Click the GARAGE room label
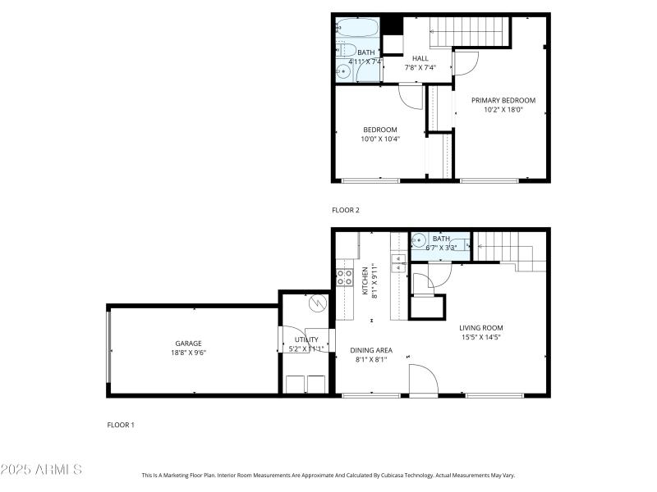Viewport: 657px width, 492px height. click(188, 344)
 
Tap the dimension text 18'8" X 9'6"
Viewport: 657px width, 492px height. click(188, 353)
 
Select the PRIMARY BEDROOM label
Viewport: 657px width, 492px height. click(503, 101)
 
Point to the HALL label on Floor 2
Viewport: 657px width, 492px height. click(420, 58)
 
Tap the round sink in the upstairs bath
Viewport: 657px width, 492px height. click(344, 72)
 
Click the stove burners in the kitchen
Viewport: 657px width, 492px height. click(345, 277)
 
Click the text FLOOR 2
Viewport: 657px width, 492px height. click(346, 210)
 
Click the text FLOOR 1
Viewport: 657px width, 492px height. click(121, 425)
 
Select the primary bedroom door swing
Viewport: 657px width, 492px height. click(466, 62)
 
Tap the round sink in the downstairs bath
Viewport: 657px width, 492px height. click(419, 242)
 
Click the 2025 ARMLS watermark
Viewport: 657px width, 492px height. click(41, 470)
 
